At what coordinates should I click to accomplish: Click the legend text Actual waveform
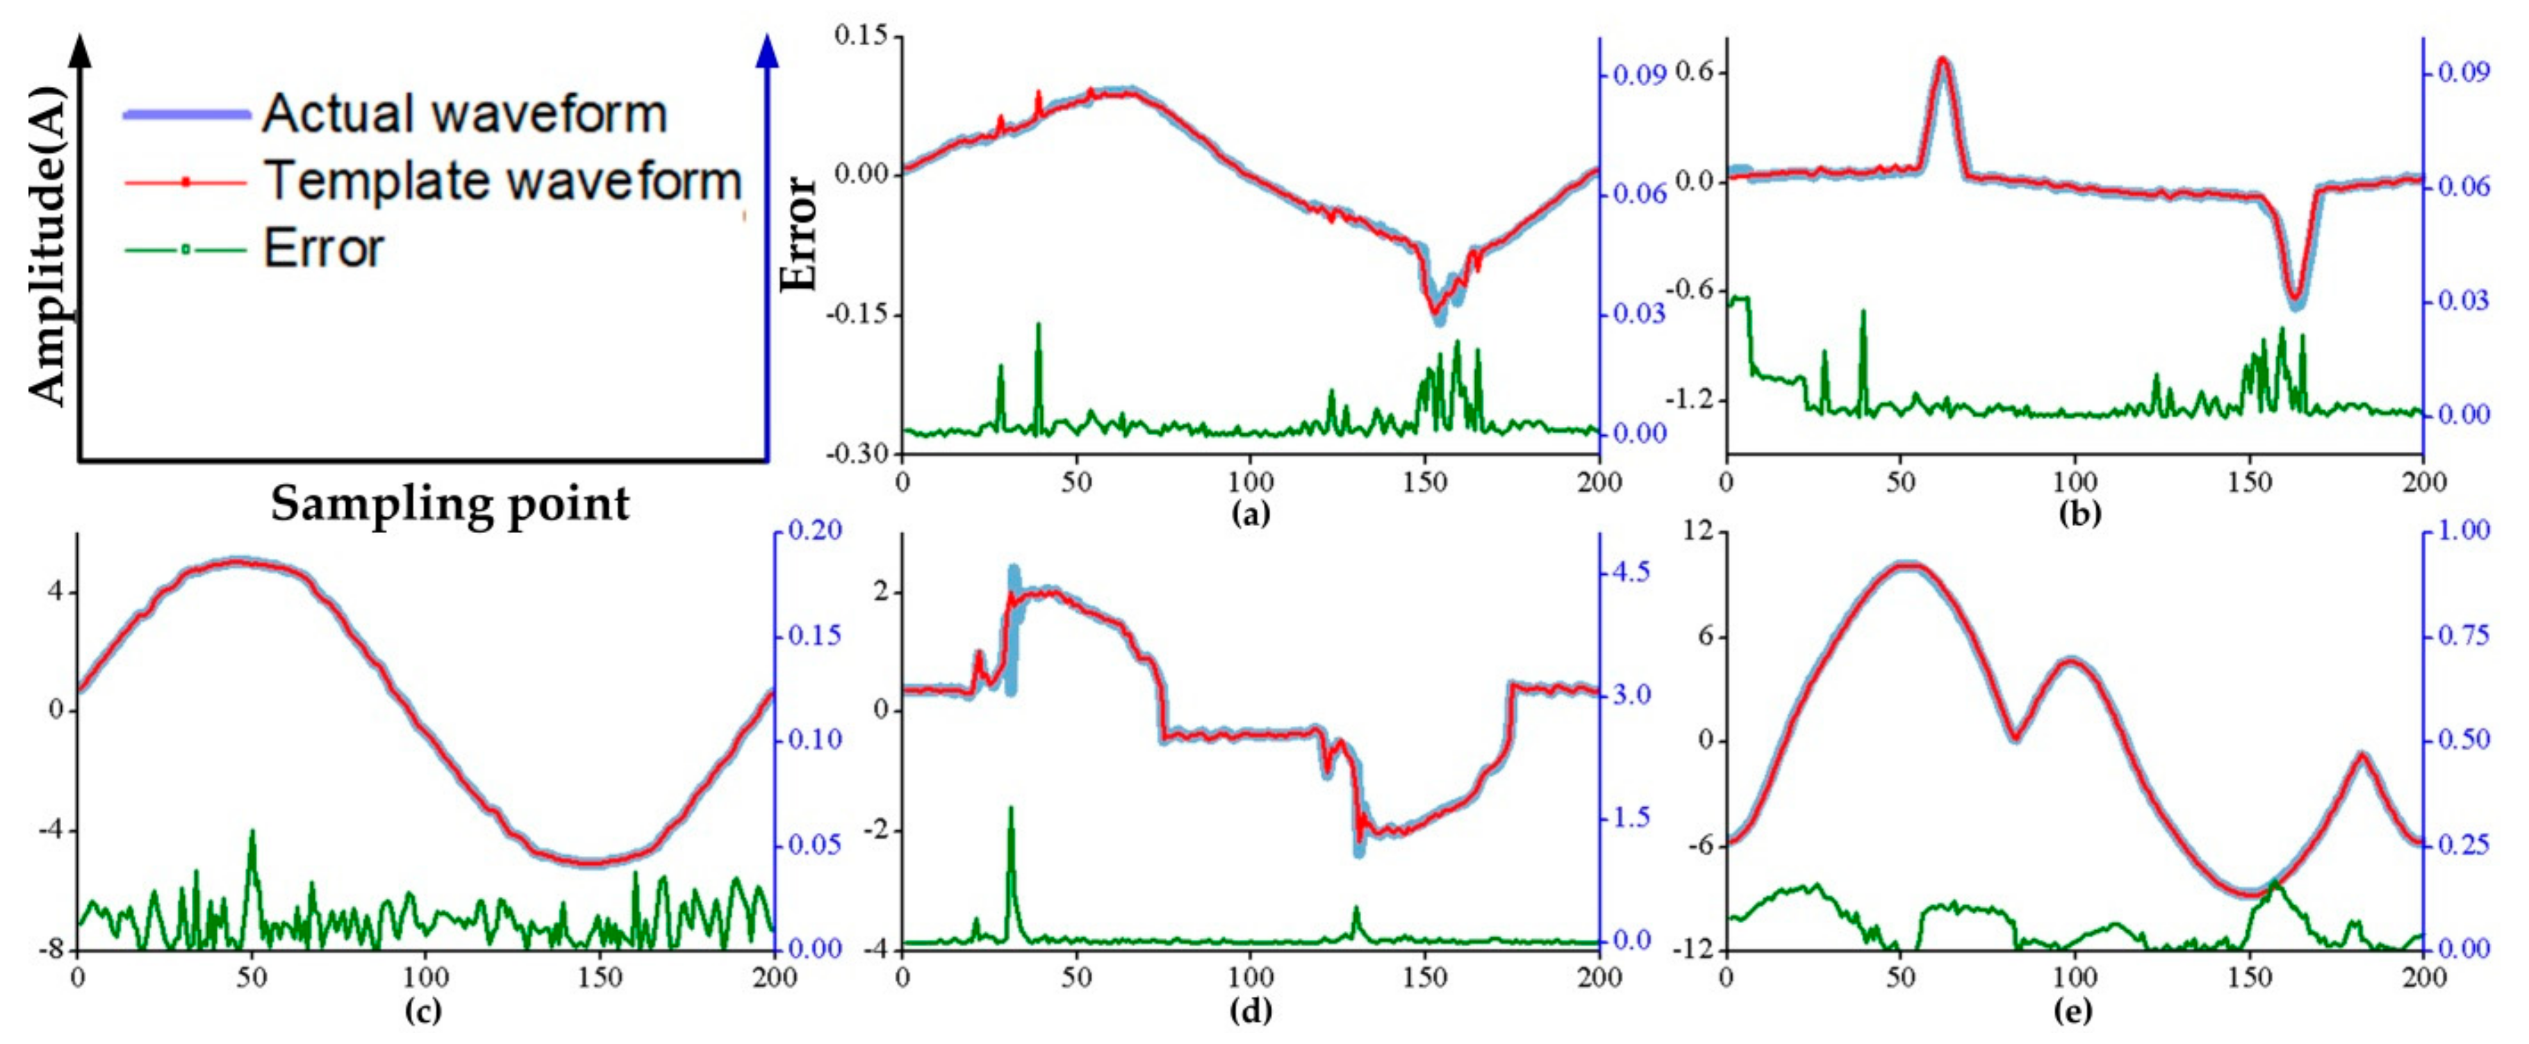[x=463, y=114]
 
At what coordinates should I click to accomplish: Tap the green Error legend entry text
[x=323, y=249]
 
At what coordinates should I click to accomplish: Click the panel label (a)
[x=1250, y=512]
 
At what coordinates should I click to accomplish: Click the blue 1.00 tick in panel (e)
[x=2464, y=531]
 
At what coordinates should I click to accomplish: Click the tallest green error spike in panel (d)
[x=1010, y=809]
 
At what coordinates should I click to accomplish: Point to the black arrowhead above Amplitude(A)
[x=83, y=49]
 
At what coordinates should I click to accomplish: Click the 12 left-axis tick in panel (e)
[x=1699, y=531]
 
